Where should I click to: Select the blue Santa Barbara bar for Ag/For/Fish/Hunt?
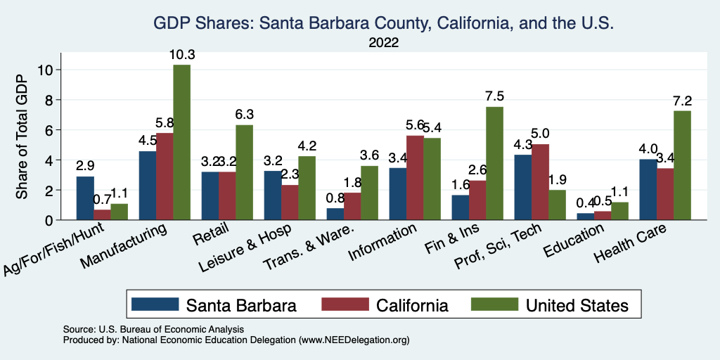(x=85, y=198)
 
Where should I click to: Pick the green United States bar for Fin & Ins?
(x=494, y=163)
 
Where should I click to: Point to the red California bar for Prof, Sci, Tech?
(x=540, y=182)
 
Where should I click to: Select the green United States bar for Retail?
(x=244, y=172)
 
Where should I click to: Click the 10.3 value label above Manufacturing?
(x=181, y=54)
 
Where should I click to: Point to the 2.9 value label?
(x=85, y=166)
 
